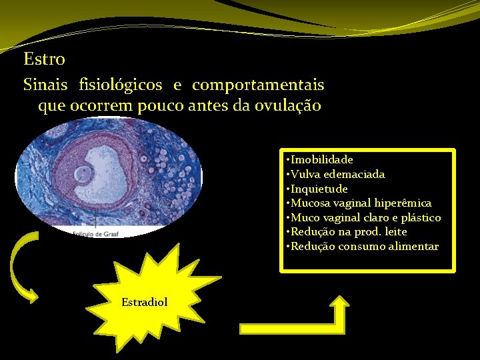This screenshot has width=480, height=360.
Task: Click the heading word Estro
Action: tap(44, 59)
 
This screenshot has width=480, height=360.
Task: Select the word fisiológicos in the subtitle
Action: tap(121, 85)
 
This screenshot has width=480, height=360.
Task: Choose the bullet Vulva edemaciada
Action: tap(337, 175)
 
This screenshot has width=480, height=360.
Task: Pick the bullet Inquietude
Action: tap(319, 189)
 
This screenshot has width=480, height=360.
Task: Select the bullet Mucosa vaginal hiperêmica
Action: tap(361, 203)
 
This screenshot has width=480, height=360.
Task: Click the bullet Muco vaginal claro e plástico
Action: tap(365, 218)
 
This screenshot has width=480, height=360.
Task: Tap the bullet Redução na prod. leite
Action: tap(349, 232)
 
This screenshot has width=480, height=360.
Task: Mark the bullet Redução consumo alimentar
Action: tap(364, 247)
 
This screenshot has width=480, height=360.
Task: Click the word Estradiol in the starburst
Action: tap(145, 303)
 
